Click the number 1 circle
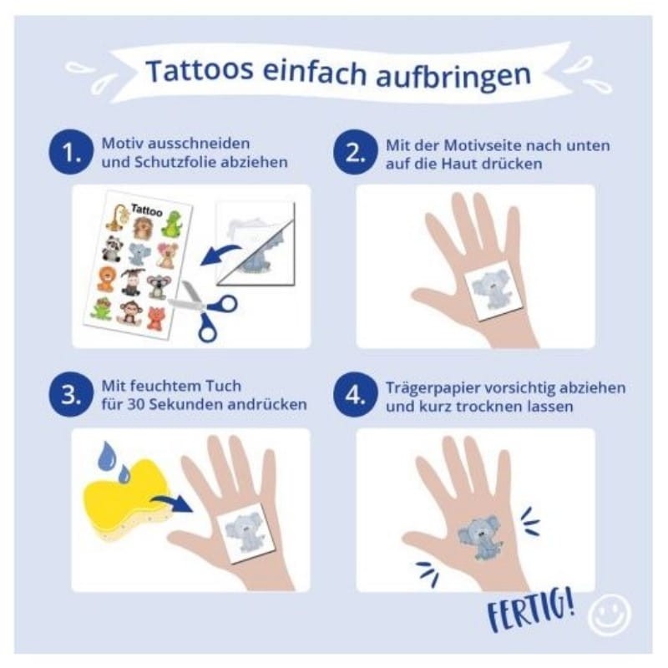click(71, 152)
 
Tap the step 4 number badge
click(356, 395)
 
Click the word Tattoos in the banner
click(200, 70)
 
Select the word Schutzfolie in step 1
click(175, 162)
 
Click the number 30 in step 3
click(135, 404)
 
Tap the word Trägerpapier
click(432, 388)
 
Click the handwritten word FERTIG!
click(531, 610)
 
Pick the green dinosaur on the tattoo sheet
click(171, 224)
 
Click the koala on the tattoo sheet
click(157, 286)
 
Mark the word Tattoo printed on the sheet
click(147, 210)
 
